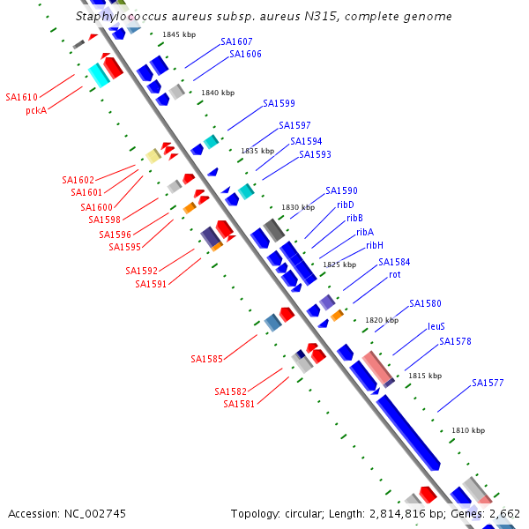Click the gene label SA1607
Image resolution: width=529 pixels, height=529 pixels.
coord(236,41)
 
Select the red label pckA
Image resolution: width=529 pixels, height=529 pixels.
coord(36,111)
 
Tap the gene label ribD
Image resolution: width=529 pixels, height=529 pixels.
coord(346,205)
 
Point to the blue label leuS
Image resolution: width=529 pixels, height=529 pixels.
coord(436,326)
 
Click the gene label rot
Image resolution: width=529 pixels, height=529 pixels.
coord(395,274)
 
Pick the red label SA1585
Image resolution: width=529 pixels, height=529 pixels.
coord(207,359)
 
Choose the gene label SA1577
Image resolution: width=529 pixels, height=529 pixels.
coord(488,383)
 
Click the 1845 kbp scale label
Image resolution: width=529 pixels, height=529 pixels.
coord(179,34)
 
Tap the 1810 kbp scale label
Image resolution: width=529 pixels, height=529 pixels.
coord(468,430)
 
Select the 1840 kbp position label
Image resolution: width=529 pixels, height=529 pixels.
coord(218,93)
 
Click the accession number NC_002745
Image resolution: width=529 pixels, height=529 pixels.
coord(95,514)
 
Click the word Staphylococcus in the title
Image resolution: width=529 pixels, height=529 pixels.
coord(122,16)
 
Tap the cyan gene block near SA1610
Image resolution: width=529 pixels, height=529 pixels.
coord(99,75)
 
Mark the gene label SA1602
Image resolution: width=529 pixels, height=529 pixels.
coord(78,180)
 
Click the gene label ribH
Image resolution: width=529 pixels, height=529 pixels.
coord(375,245)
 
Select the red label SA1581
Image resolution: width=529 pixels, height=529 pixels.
coord(239,404)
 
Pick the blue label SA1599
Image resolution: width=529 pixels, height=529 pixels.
coord(279,103)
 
